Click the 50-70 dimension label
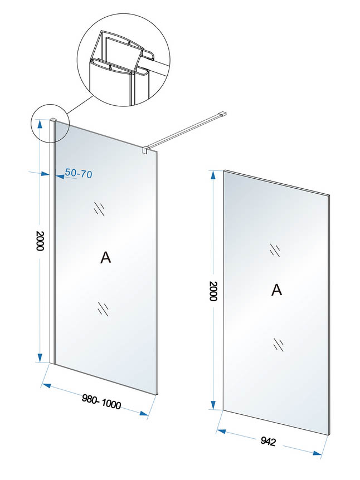79,174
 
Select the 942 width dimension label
269,442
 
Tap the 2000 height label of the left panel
39,241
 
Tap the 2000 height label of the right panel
212,292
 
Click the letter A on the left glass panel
105,257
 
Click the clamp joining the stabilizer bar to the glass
145,150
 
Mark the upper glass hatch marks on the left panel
100,208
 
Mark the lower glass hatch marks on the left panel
103,307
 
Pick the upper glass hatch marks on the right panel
274,249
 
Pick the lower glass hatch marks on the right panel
279,344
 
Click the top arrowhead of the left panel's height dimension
40,123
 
